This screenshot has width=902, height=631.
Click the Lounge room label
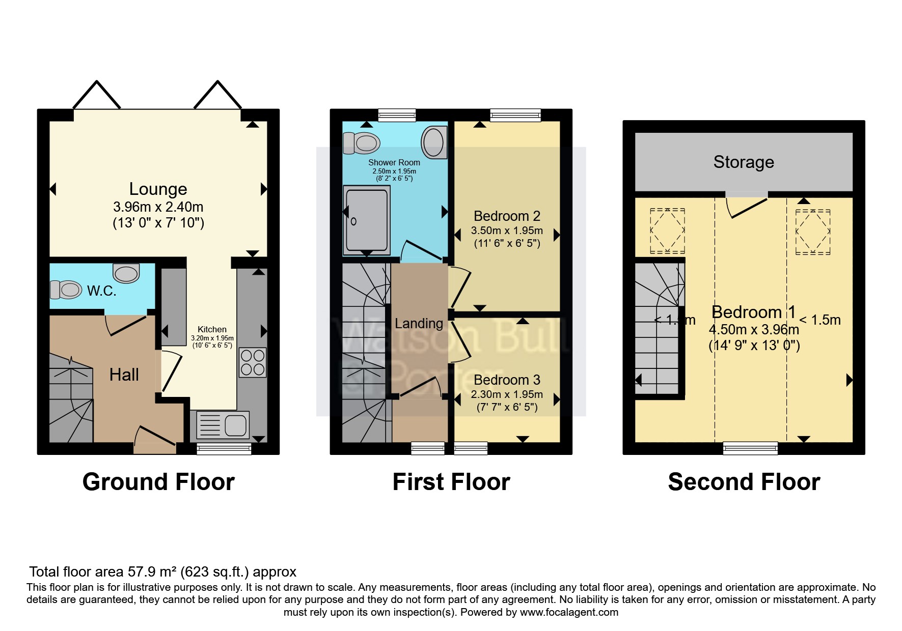tap(158, 189)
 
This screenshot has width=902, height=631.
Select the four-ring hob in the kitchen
tap(253, 362)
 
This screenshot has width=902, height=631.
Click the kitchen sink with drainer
tap(223, 425)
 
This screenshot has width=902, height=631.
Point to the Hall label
tap(124, 375)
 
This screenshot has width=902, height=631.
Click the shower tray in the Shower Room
tap(367, 220)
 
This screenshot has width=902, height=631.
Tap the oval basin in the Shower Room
tap(433, 142)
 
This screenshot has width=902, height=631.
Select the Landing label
tap(419, 324)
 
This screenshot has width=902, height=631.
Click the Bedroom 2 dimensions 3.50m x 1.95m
tap(507, 231)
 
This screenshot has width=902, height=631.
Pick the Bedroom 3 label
tap(507, 380)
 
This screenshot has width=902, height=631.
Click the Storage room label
tap(744, 162)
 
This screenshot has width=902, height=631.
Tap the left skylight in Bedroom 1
tap(667, 231)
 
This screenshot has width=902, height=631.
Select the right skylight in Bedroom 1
tap(813, 232)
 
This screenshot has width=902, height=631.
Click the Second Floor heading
tap(744, 482)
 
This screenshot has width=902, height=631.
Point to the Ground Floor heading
tap(158, 482)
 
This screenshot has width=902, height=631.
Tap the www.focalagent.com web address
tap(569, 612)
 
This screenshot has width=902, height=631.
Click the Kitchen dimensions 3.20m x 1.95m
tap(212, 338)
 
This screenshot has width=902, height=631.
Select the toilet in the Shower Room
tap(362, 143)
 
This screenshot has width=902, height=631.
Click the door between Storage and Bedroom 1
tap(748, 206)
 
